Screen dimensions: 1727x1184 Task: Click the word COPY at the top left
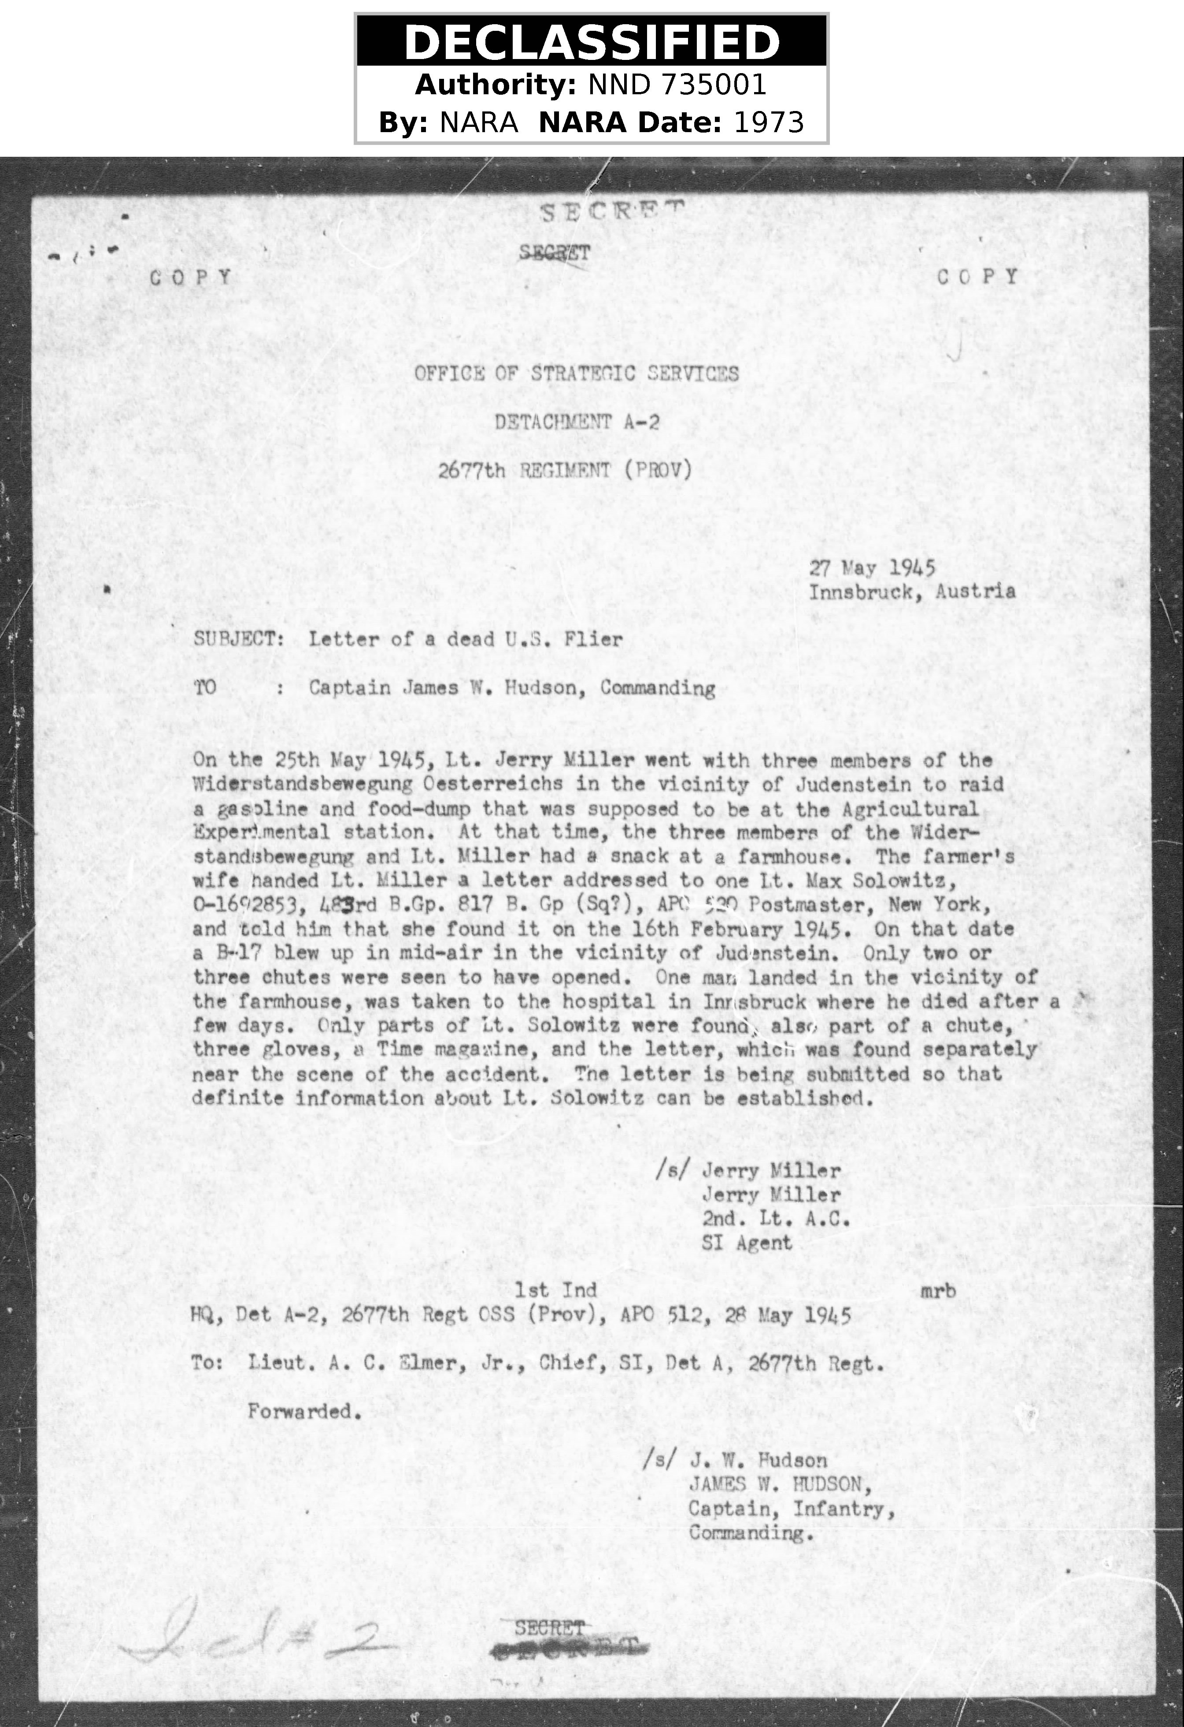pyautogui.click(x=191, y=278)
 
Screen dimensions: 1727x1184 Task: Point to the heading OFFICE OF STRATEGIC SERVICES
pyautogui.click(x=577, y=373)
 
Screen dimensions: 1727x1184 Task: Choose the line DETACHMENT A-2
pyautogui.click(x=577, y=422)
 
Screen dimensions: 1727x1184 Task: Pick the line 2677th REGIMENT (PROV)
pyautogui.click(x=565, y=470)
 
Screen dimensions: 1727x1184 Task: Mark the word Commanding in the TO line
pyautogui.click(x=657, y=688)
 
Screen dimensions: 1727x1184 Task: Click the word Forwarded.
pyautogui.click(x=304, y=1411)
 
